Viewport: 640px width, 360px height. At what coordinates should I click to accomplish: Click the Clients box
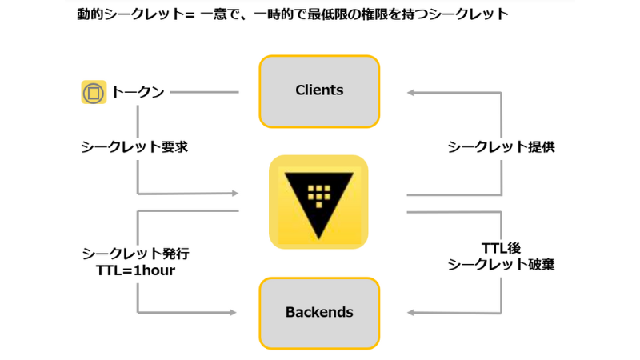pos(319,90)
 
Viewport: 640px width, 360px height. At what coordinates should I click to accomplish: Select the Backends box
pos(319,312)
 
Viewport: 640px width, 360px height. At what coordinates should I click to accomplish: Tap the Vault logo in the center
pos(318,201)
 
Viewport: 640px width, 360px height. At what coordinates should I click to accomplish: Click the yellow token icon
pos(94,92)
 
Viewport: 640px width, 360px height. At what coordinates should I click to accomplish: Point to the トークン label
pos(138,92)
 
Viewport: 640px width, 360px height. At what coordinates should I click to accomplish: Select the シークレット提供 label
pos(501,147)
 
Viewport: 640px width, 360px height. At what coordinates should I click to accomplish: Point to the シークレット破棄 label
pos(501,265)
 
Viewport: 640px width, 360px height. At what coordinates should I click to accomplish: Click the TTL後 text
pos(502,248)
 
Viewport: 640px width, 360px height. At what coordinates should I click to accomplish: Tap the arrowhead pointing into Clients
pos(410,93)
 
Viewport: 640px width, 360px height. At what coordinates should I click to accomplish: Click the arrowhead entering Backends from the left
pos(234,312)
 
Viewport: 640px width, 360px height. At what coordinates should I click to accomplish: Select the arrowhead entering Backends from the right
pos(410,312)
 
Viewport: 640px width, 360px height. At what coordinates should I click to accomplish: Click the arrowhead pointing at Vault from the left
pos(234,193)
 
